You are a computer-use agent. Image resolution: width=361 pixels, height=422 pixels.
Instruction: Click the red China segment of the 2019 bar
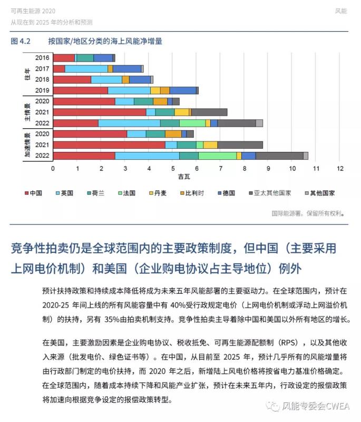[x=80, y=91]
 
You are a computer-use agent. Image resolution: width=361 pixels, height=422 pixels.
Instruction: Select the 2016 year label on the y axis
[x=42, y=58]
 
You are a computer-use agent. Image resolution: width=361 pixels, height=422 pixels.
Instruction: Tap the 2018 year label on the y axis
[x=42, y=80]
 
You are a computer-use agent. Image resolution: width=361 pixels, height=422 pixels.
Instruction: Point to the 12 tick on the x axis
[x=340, y=169]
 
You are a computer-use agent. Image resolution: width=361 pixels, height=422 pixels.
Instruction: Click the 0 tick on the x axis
[x=53, y=169]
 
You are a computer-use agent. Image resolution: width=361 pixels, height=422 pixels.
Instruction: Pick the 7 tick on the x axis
[x=220, y=169]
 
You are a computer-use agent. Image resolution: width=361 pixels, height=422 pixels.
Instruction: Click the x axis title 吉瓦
[x=184, y=176]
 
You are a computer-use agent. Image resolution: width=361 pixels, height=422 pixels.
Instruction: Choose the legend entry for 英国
[x=63, y=193]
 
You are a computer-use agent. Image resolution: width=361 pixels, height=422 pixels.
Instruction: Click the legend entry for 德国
[x=225, y=193]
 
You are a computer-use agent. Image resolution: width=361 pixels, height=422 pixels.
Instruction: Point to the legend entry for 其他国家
[x=319, y=193]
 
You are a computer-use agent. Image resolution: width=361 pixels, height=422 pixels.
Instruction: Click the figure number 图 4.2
[x=21, y=41]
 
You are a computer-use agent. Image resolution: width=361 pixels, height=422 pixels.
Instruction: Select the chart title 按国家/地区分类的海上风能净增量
[x=105, y=41]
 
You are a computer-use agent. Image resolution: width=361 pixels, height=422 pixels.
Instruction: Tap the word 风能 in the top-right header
[x=341, y=11]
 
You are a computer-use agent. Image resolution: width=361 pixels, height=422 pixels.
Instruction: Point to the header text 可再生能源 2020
[x=33, y=11]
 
